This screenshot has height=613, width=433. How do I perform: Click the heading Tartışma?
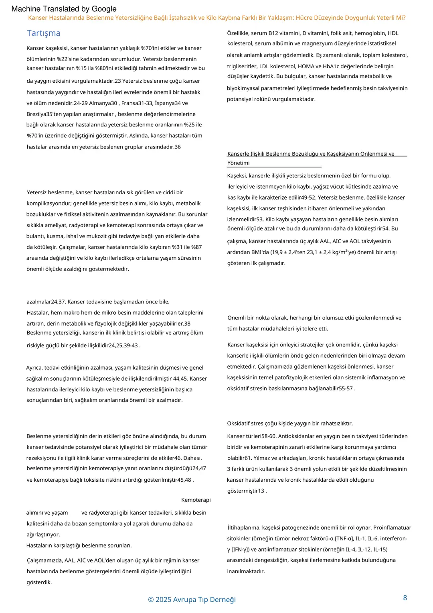tap(43, 33)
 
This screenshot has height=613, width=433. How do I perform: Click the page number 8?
tap(405, 598)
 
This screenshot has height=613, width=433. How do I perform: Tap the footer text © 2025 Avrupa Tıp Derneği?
tap(192, 599)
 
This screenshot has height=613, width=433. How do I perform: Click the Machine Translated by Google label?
tap(64, 9)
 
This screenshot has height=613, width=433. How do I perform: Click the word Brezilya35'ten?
tap(44, 114)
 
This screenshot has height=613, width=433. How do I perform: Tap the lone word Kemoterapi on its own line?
tap(196, 500)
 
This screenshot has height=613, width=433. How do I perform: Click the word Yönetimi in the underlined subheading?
tap(238, 163)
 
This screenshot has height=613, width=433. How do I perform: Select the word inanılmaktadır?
tap(246, 571)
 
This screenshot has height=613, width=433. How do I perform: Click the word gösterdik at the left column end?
tap(39, 582)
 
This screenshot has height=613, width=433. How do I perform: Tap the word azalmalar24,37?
tap(46, 301)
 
